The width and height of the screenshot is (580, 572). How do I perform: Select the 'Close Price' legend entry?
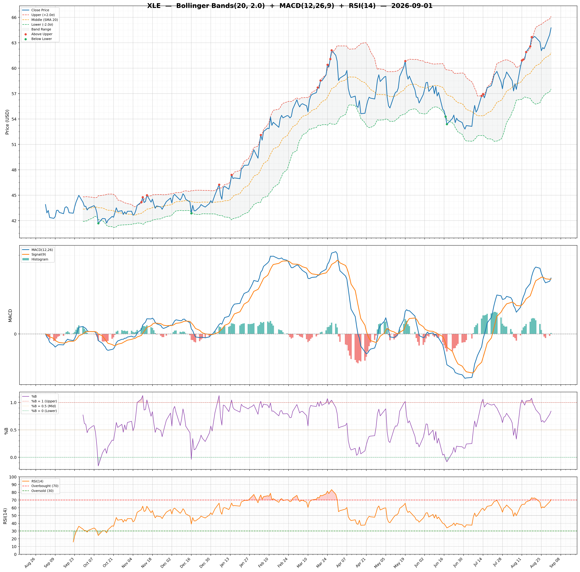coord(40,10)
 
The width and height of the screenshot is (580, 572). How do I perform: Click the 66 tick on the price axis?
coord(14,17)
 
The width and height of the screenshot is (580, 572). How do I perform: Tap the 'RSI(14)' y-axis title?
coord(5,516)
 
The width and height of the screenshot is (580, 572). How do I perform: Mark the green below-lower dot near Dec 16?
coord(191,213)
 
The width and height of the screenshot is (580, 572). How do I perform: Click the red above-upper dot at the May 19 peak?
coord(405,61)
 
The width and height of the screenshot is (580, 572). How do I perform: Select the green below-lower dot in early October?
coord(98,223)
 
